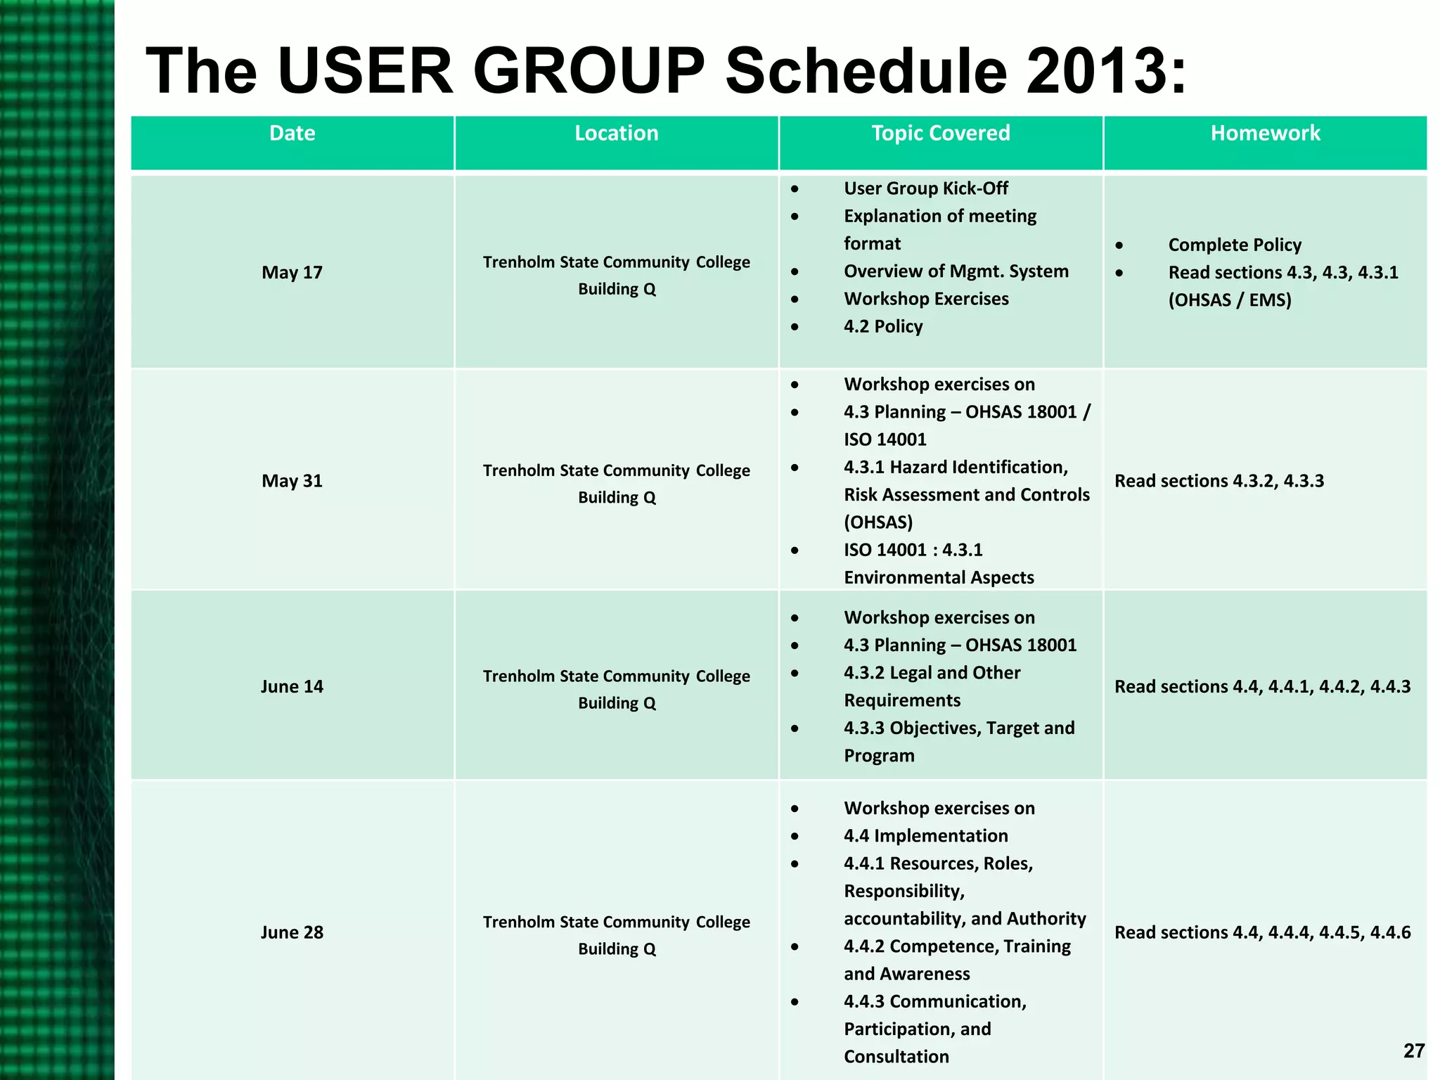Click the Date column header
[292, 134]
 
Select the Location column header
[617, 134]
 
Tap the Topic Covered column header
[941, 134]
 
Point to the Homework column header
[1265, 134]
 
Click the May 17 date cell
[292, 272]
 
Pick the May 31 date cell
[292, 481]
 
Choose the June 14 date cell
[292, 686]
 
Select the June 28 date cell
[292, 932]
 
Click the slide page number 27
[1413, 1050]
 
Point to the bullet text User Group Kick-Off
[925, 188]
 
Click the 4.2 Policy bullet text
[883, 326]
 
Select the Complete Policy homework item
[1235, 245]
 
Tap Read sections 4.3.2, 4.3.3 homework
[1219, 481]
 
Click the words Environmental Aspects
[939, 577]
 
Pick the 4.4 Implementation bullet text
[925, 835]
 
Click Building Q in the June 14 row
[617, 703]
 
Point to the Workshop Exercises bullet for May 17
[926, 299]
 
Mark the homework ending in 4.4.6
[1262, 932]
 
